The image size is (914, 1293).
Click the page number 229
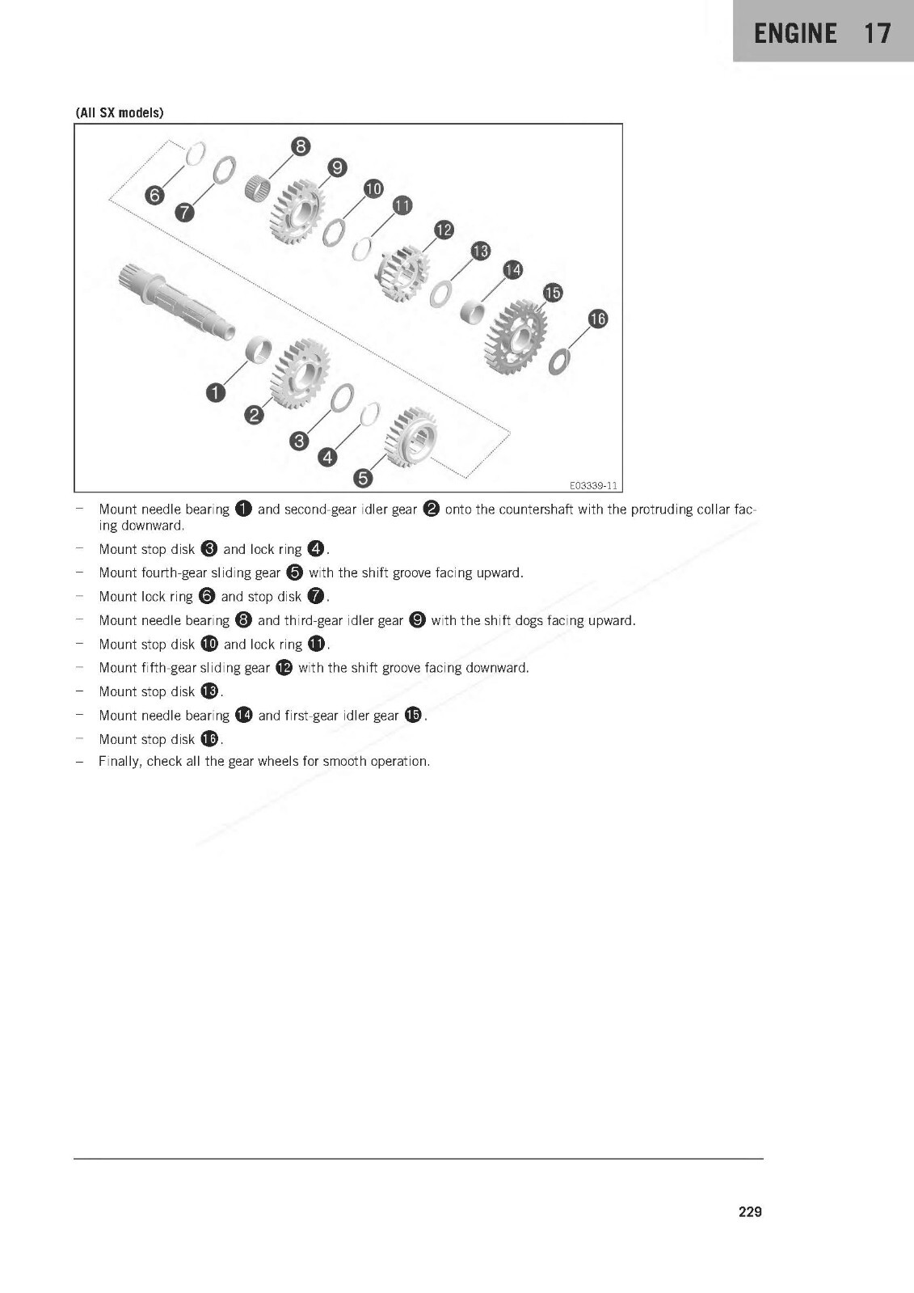pos(750,1211)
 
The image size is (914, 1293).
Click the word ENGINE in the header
pos(795,33)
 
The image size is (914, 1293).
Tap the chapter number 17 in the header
pos(877,33)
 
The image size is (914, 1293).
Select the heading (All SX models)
pos(120,112)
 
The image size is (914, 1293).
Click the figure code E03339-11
pos(593,485)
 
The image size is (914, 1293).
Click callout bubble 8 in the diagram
pos(301,146)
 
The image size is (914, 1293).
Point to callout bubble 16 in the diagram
pos(597,319)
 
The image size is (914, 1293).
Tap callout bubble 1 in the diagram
pos(215,393)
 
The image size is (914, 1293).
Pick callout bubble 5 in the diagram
pos(364,478)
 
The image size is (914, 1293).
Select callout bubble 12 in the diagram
pos(444,230)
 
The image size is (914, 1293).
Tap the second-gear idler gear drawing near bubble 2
pos(299,373)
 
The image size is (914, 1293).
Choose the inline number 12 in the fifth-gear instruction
pos(284,668)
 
